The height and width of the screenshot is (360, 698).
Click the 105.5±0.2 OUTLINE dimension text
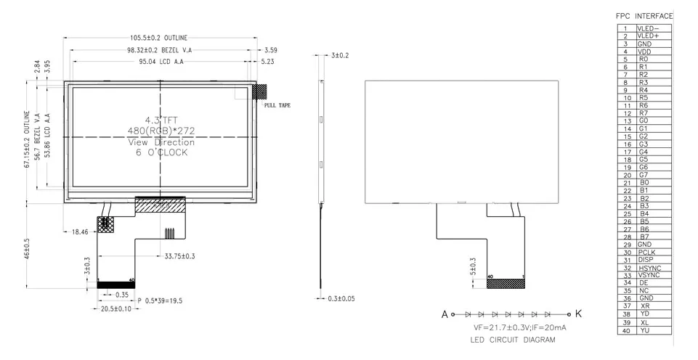pos(158,38)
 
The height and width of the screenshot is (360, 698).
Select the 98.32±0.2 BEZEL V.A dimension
pos(158,50)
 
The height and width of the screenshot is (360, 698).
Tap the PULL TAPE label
pos(277,106)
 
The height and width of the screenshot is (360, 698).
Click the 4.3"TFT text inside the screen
pos(160,120)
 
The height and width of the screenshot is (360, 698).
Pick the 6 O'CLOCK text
pos(160,152)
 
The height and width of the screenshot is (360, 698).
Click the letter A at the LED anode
pos(444,315)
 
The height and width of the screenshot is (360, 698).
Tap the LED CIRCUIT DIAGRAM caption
pos(512,340)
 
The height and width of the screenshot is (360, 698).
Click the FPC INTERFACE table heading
pos(644,16)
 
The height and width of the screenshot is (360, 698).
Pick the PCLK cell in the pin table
pos(647,252)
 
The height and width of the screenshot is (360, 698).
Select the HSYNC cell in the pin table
pos(649,268)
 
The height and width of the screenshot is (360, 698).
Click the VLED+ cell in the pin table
pos(648,36)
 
